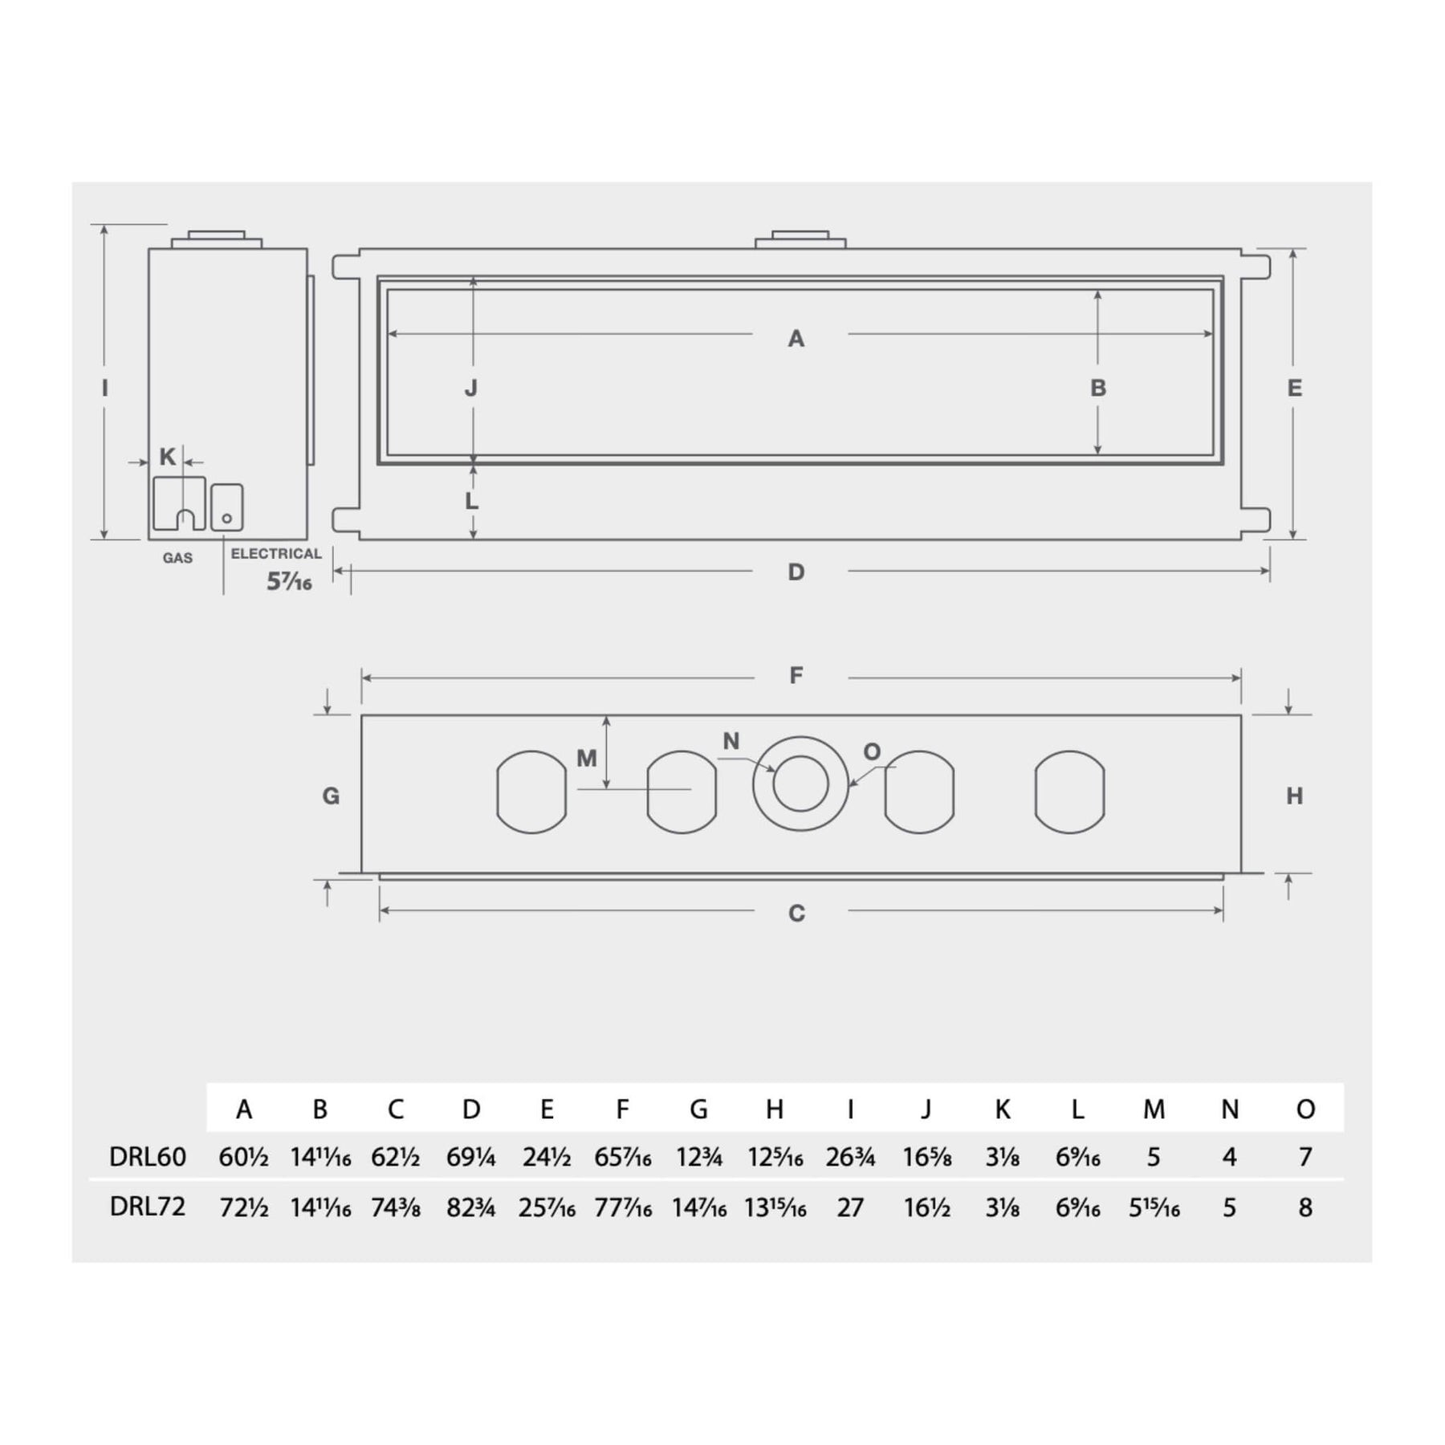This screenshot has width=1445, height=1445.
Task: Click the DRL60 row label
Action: click(x=148, y=1157)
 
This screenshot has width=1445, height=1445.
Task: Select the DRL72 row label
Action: click(x=148, y=1207)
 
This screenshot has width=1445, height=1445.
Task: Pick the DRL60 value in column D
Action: click(x=471, y=1157)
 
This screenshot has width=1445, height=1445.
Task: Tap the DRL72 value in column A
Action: click(x=244, y=1207)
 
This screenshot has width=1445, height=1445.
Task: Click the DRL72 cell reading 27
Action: click(x=850, y=1207)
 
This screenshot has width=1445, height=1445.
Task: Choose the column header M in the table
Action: click(x=1154, y=1109)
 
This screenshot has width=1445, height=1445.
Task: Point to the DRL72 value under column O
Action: click(x=1305, y=1207)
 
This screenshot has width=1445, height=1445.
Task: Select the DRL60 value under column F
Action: click(x=623, y=1157)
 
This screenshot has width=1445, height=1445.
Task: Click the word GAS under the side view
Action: click(x=177, y=558)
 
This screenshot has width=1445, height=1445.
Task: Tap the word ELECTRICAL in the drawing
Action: click(x=276, y=554)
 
